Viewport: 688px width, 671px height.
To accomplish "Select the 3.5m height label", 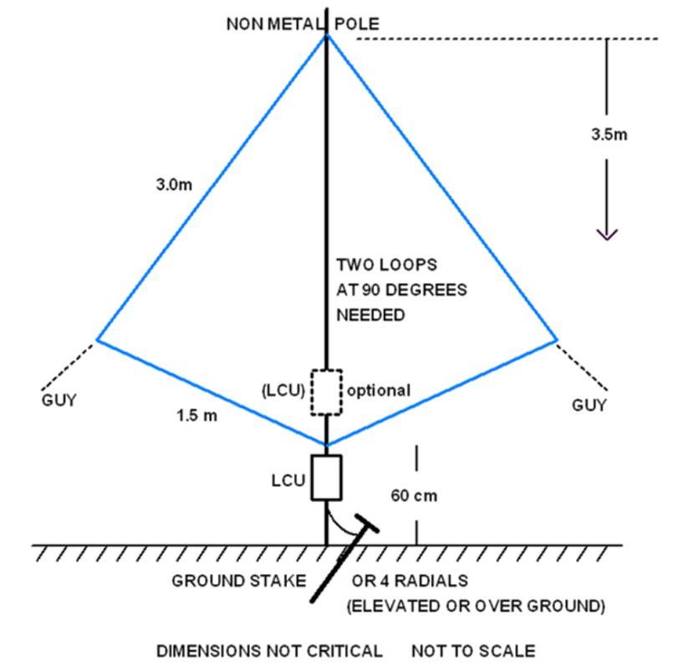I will [x=609, y=134].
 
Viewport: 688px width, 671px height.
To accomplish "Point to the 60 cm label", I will [x=414, y=495].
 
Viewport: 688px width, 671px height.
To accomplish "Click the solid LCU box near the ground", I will [x=326, y=478].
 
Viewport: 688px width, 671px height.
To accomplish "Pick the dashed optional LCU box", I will [x=326, y=392].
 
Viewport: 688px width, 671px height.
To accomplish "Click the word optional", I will [x=379, y=390].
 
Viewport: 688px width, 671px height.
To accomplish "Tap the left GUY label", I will [x=59, y=400].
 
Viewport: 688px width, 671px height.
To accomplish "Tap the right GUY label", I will [x=589, y=406].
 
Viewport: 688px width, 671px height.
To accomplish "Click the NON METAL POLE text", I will [x=302, y=23].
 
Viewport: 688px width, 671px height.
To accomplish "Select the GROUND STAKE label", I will [x=232, y=581].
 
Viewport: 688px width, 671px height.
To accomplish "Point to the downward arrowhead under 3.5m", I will [x=607, y=233].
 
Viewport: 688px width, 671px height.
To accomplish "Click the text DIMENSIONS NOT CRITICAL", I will [x=269, y=651].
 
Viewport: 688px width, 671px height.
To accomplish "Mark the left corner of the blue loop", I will [x=98, y=339].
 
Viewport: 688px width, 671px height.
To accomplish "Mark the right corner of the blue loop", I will [x=556, y=340].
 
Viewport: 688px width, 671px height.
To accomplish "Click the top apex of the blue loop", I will [x=326, y=36].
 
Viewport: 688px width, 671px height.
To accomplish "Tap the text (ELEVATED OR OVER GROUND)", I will [x=476, y=606].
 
